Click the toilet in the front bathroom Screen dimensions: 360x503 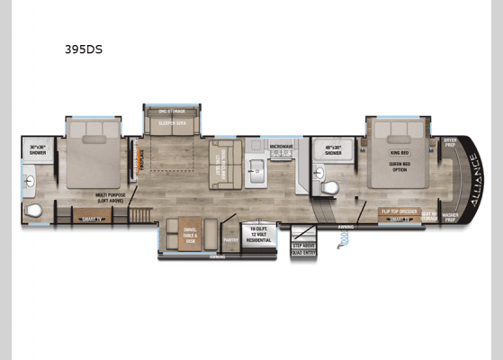pos(329,187)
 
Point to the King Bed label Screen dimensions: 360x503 pos(399,153)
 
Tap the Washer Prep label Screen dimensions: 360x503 pos(450,217)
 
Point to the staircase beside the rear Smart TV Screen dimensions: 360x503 pos(140,215)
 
